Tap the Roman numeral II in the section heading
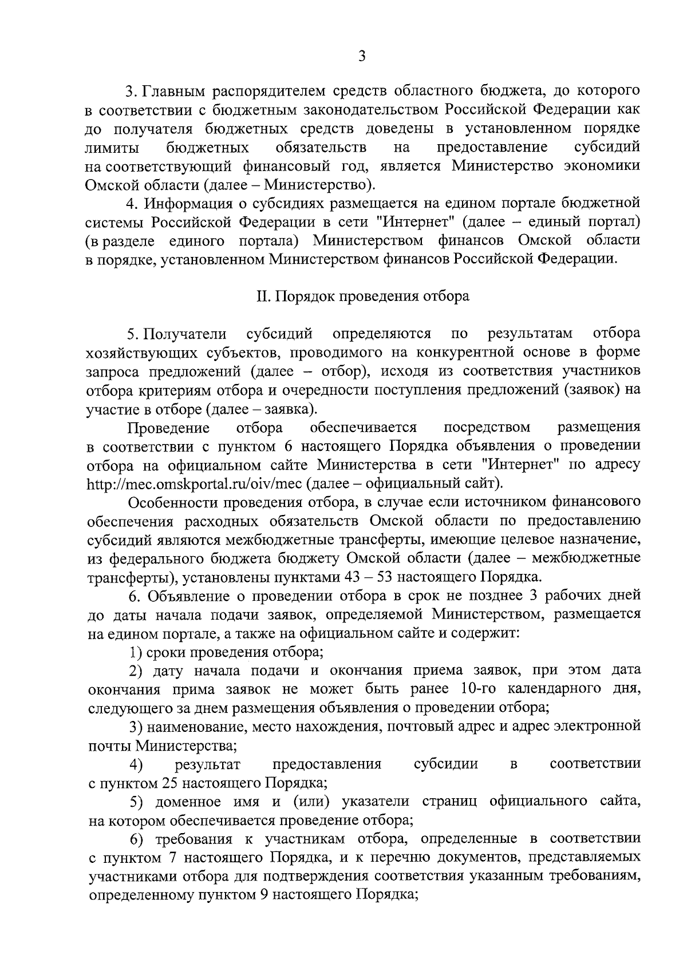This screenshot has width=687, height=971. [x=263, y=296]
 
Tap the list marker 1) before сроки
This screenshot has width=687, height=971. [x=135, y=652]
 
